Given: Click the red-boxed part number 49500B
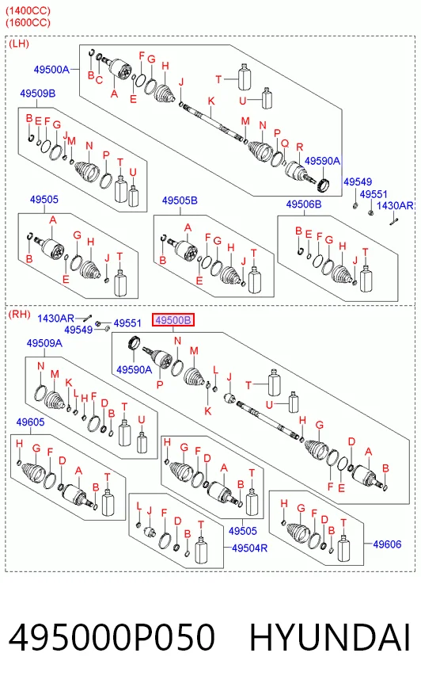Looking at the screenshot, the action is click(x=173, y=320).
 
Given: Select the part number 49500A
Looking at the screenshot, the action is click(x=51, y=70).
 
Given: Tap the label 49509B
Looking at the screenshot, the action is click(x=38, y=94).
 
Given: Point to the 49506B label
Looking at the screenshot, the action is click(x=304, y=204).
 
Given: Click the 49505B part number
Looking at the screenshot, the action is click(x=180, y=200).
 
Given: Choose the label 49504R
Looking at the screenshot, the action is click(x=249, y=548).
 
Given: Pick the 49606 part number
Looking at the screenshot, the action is click(x=387, y=544).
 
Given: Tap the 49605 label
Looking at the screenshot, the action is click(x=30, y=422).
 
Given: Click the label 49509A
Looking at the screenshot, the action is click(x=44, y=343).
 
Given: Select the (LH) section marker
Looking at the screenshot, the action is click(x=19, y=44).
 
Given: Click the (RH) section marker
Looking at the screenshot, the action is click(x=19, y=315).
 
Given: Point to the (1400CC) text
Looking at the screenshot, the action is click(x=28, y=10).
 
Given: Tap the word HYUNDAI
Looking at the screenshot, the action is click(x=330, y=637).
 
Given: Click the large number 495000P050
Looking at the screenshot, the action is click(x=112, y=637).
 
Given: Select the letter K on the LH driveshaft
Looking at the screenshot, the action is click(x=211, y=101).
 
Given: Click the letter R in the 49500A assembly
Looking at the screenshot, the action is click(x=300, y=147).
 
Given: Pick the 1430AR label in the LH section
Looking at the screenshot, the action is click(x=395, y=206).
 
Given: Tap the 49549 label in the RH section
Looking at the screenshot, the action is click(x=78, y=330).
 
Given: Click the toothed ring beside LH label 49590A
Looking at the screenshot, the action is click(x=324, y=183).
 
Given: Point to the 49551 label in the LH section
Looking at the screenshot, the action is click(x=374, y=194).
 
